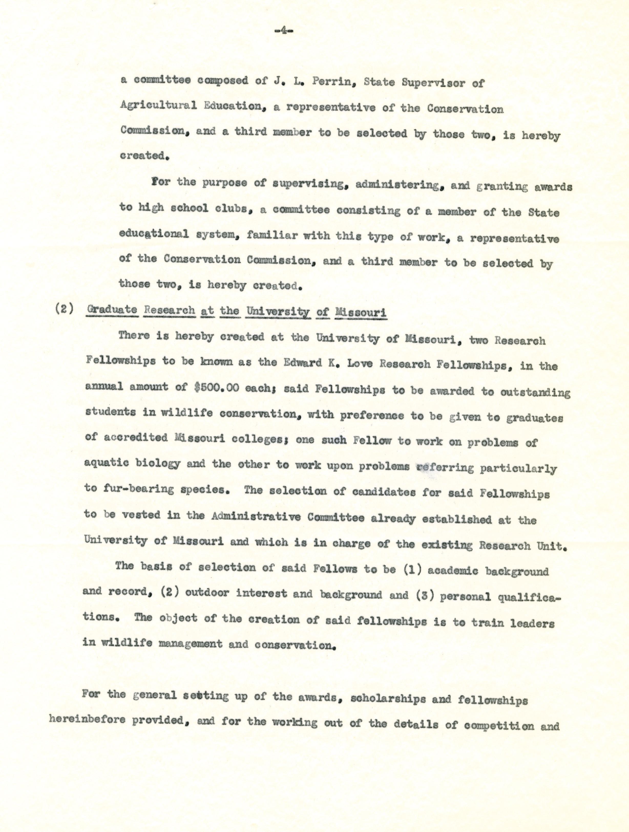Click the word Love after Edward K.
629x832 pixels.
pyautogui.click(x=359, y=364)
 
